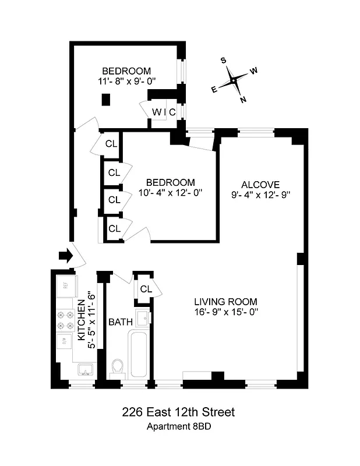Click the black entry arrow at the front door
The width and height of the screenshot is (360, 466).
[65, 255]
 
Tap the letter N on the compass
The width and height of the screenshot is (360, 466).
[243, 100]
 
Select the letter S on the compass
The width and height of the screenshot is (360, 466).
[223, 60]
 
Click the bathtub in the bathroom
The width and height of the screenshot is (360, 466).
[139, 354]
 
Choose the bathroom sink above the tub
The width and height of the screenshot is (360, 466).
[142, 318]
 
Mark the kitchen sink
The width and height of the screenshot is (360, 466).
[85, 370]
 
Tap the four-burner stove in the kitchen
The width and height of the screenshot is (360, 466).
[63, 320]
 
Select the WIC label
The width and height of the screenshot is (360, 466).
[164, 112]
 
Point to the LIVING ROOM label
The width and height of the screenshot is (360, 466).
[225, 302]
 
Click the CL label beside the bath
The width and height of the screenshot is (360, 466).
[146, 289]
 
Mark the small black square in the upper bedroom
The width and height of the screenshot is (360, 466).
[106, 100]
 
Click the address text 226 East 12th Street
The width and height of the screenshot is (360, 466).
[178, 412]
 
